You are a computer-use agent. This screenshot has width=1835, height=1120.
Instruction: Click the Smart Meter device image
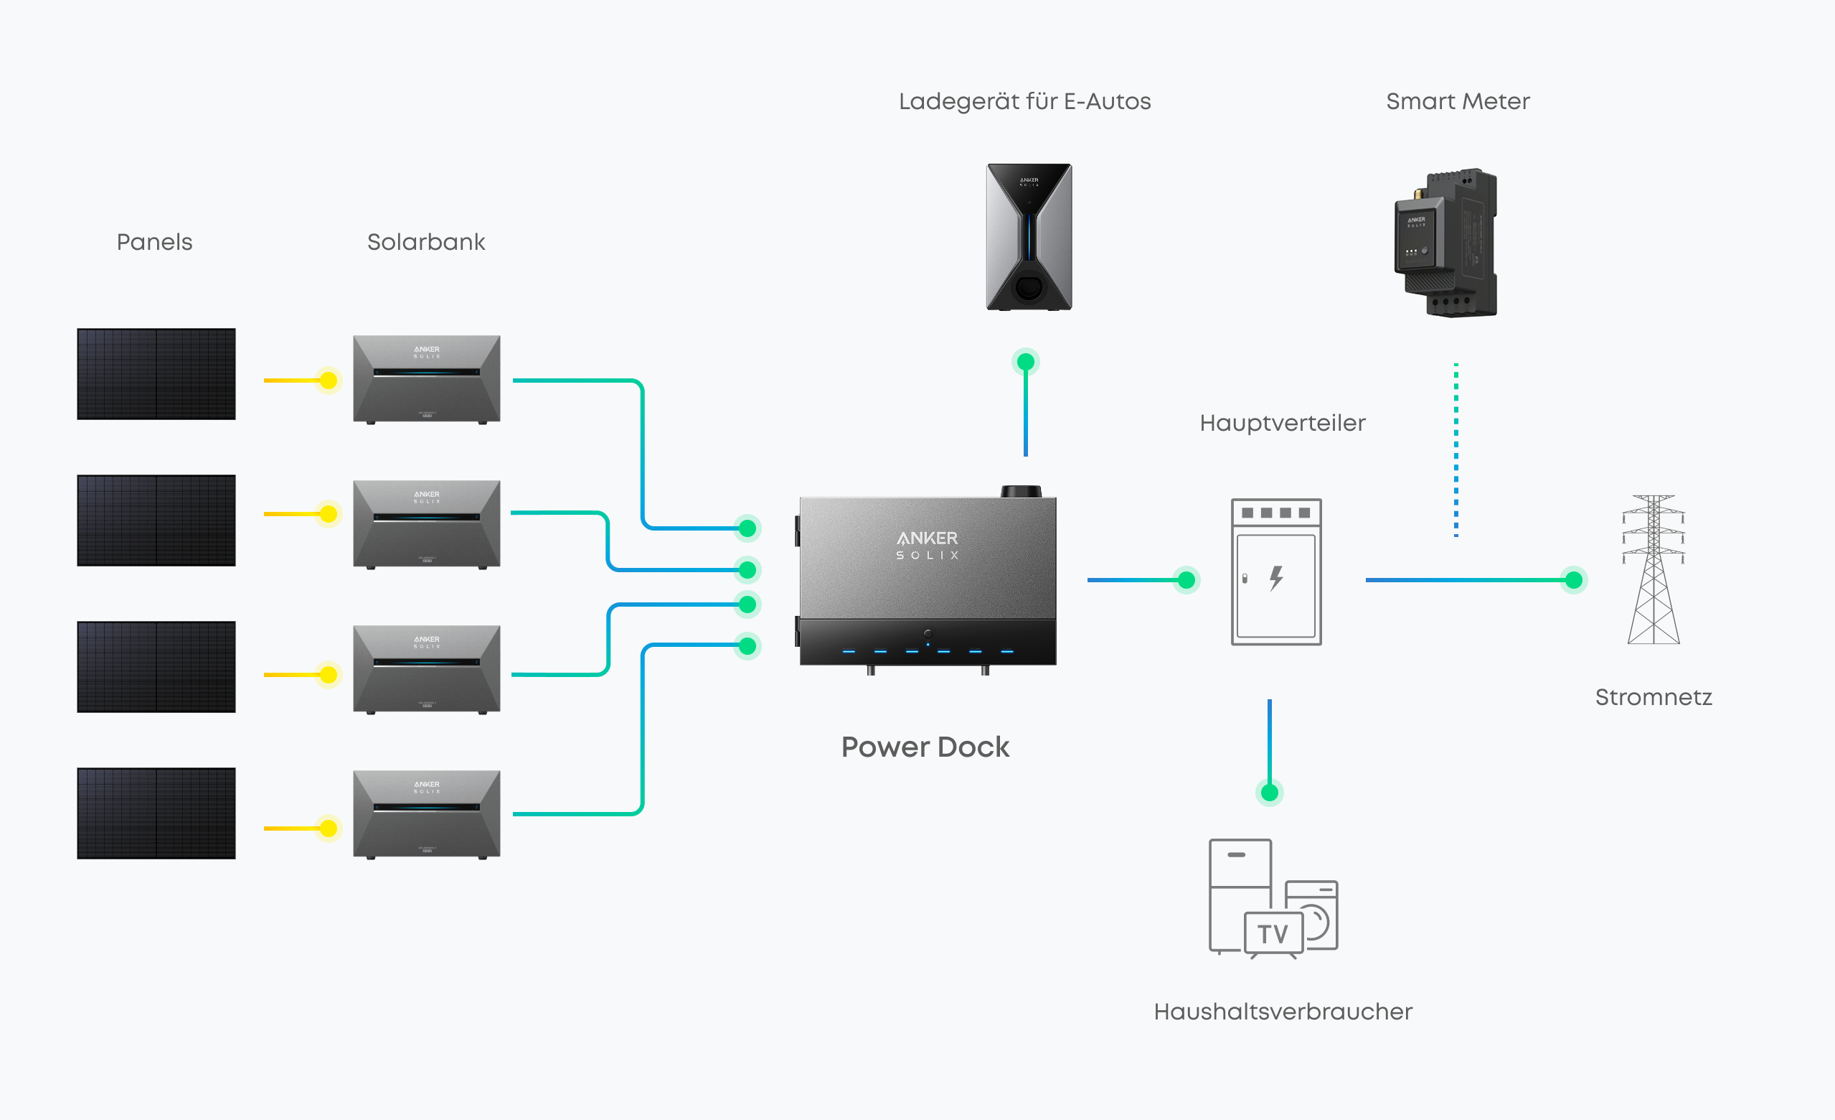(x=1445, y=242)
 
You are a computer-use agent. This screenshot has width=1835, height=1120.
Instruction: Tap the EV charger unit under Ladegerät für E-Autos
(x=1029, y=237)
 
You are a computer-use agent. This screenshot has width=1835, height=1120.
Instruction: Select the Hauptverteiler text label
(x=1282, y=424)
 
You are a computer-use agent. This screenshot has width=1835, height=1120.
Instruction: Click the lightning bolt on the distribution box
(x=1276, y=577)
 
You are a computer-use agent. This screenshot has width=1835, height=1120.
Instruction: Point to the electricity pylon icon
(x=1654, y=570)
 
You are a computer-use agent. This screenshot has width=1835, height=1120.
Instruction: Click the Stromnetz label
(x=1654, y=697)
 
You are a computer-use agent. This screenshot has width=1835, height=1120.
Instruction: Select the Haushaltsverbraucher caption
(x=1283, y=1012)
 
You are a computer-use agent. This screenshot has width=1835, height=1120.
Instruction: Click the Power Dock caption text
(x=925, y=747)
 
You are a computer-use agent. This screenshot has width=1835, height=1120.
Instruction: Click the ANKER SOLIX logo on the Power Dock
(x=927, y=545)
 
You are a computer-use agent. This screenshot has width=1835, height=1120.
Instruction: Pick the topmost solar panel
(x=156, y=374)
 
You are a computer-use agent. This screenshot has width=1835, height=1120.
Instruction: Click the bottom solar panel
(x=156, y=813)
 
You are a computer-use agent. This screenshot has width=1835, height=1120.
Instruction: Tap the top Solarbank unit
(x=427, y=379)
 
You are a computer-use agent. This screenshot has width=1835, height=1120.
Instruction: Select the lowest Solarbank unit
(x=427, y=814)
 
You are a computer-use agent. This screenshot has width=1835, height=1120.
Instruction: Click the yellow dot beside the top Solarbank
(x=329, y=381)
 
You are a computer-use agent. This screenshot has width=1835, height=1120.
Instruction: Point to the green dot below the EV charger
(x=1026, y=362)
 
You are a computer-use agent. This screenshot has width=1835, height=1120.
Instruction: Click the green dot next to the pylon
(x=1574, y=580)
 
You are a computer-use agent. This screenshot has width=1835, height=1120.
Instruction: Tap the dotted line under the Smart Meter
(x=1456, y=449)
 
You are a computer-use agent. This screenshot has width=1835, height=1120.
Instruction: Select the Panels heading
(x=155, y=242)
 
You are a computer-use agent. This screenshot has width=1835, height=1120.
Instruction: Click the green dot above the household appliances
(x=1270, y=792)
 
